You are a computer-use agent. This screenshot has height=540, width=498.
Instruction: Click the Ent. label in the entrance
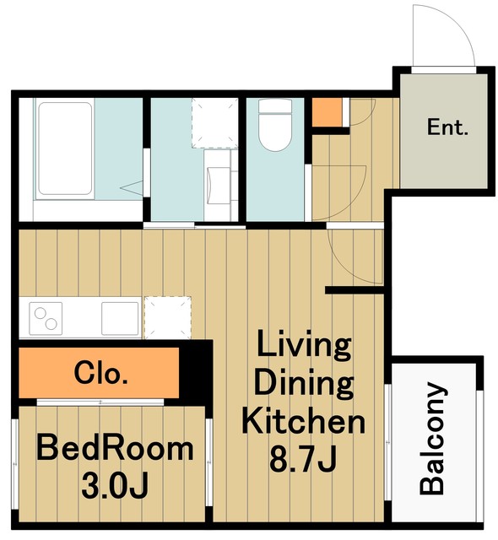[447, 127]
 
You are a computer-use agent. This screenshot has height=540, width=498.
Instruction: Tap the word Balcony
[432, 438]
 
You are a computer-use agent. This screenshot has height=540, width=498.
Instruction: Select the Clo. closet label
[101, 373]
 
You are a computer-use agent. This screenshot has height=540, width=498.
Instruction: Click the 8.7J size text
[303, 459]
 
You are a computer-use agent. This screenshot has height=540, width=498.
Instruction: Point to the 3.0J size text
[115, 486]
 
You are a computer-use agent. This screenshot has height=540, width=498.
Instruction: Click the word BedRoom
[115, 448]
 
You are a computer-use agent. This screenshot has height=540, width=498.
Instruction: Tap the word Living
[304, 345]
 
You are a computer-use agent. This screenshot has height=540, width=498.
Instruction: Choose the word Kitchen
[303, 421]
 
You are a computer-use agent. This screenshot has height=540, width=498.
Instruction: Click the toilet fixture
[275, 125]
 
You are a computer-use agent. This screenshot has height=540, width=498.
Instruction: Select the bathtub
[65, 148]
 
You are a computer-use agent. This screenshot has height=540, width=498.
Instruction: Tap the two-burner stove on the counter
[46, 319]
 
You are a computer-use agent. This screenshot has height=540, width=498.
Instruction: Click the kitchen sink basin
[120, 319]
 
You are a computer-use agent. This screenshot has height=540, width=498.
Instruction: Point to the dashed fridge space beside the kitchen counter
[168, 317]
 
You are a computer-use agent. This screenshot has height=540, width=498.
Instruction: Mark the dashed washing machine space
[215, 123]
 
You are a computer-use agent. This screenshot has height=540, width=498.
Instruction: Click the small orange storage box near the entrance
[327, 112]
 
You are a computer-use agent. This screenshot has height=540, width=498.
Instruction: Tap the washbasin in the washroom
[219, 184]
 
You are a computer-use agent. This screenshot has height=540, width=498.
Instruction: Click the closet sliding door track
[100, 402]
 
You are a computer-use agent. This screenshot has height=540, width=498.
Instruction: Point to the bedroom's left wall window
[15, 464]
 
